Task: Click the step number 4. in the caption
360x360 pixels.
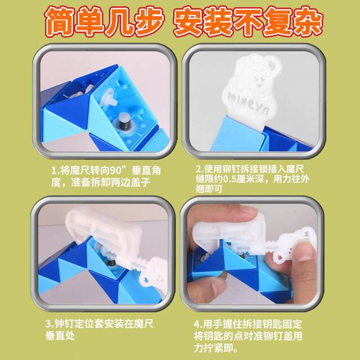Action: click(199, 324)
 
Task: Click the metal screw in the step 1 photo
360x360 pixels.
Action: click(121, 123)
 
